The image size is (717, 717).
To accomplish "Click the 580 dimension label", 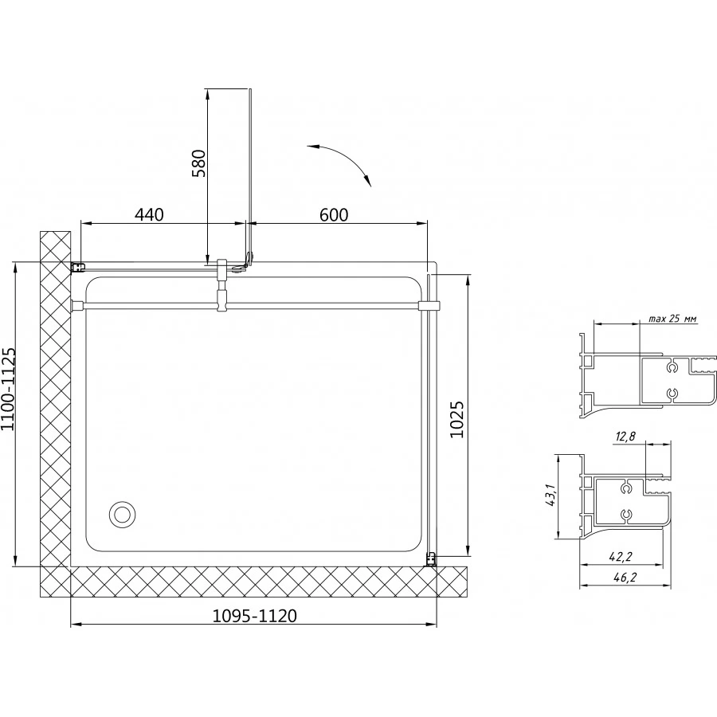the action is pos(199,163).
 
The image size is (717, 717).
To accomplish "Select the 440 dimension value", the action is pos(149,214).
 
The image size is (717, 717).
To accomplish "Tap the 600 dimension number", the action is pos(334,214).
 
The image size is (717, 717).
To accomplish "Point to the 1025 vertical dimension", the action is pos(456,419).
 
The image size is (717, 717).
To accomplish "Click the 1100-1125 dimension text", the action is pos(9,389).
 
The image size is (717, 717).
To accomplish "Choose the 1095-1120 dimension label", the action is pos(255,616).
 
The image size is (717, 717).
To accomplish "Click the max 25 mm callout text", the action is pos(672,319).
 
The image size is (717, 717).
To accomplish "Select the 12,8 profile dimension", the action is pos(625,437).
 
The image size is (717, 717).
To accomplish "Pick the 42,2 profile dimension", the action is pos(621,556).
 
